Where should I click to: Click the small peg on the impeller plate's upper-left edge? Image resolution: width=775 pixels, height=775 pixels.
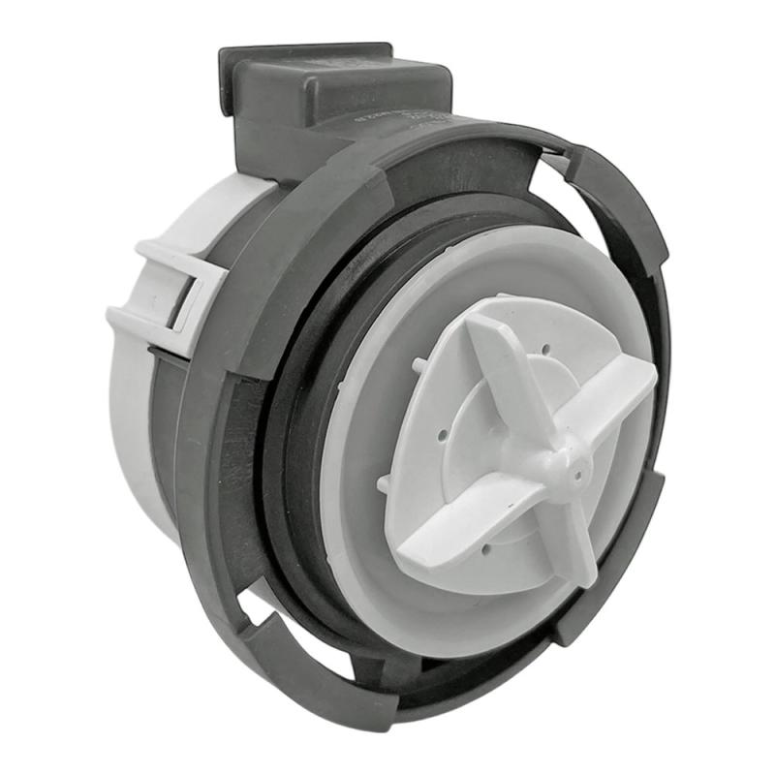[418, 365]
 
